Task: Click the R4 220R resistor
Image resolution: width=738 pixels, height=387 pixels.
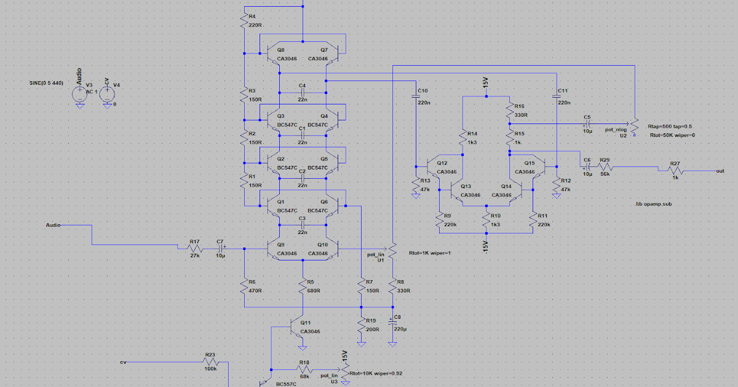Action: (244, 20)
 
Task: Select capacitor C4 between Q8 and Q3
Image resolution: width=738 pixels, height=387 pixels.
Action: (302, 92)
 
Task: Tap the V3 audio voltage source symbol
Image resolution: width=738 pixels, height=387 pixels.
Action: (79, 94)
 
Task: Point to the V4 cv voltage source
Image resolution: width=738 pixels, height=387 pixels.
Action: (106, 94)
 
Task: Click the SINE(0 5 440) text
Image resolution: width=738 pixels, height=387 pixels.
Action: (46, 82)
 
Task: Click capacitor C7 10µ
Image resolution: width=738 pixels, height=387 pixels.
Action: (220, 248)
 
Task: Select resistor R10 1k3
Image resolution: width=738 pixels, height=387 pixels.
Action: (486, 221)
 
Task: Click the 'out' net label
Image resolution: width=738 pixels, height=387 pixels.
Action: (720, 171)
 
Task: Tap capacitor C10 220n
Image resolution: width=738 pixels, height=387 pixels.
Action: (416, 95)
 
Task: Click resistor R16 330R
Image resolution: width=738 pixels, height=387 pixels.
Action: (509, 111)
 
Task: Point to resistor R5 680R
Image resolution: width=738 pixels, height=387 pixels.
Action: (303, 286)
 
